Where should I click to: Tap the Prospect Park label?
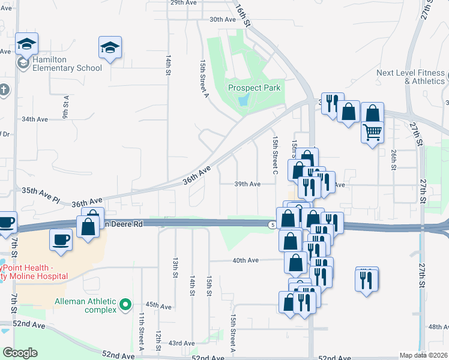point(255,88)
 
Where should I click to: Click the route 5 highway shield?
point(273,224)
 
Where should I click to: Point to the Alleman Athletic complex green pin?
point(125,305)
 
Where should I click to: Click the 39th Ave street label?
point(247,185)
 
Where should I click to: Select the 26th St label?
point(393,159)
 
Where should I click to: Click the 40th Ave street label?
point(245,260)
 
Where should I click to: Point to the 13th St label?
point(175,268)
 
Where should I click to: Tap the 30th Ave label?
point(221,19)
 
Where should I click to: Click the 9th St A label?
point(65,106)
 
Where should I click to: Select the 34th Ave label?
point(34,119)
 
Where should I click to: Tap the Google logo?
point(20,353)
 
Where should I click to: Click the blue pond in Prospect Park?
point(243,101)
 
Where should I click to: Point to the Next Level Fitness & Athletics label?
point(411,77)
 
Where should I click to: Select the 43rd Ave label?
point(182,343)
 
